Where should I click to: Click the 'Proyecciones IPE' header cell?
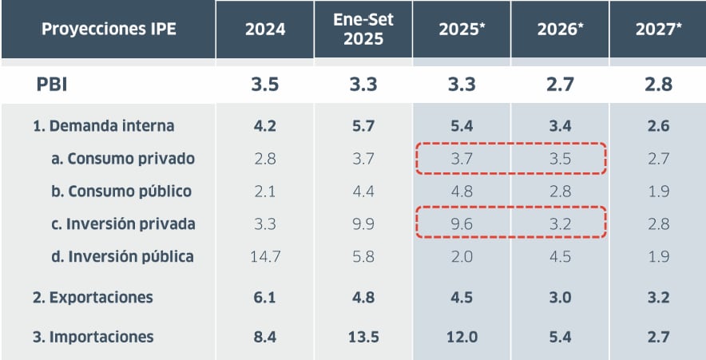point(109,30)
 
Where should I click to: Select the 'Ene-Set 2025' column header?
point(363,30)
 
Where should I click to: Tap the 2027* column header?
point(658,30)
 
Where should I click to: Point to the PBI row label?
point(51,84)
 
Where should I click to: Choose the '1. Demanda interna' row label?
point(104,125)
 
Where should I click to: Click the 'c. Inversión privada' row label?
point(123,224)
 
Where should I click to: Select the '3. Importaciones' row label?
point(93,337)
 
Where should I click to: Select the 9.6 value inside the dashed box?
point(462,224)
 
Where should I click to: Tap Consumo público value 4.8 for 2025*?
point(462,192)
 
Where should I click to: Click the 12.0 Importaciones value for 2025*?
point(462,337)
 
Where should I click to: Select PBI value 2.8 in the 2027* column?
point(658,84)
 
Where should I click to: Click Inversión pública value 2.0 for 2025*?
point(462,257)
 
